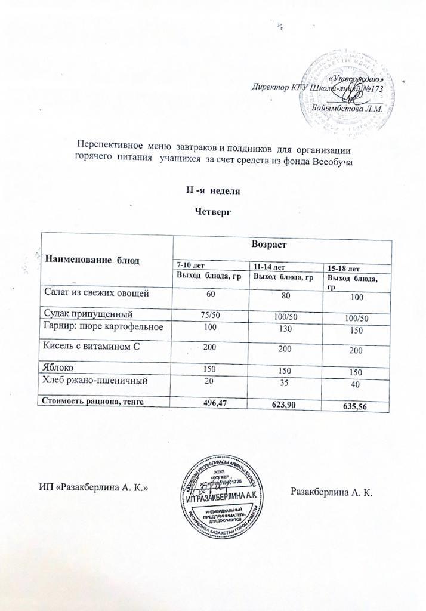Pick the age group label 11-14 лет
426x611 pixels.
coord(270,266)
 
